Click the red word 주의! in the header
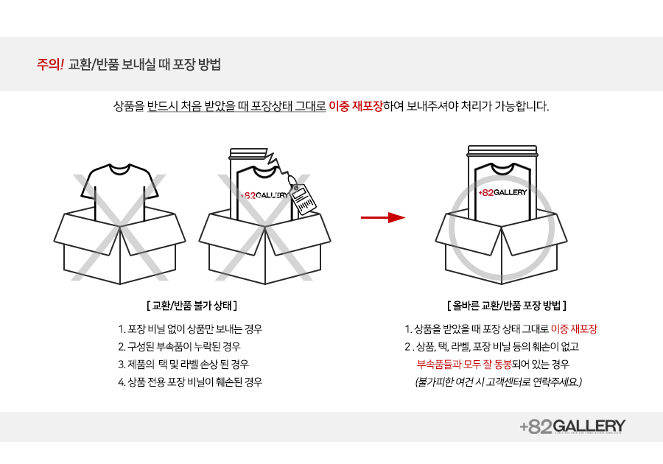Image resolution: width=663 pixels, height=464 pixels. (x=50, y=65)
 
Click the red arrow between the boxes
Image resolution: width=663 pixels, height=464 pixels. (x=383, y=217)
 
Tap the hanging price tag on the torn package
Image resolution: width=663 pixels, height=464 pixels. (x=303, y=199)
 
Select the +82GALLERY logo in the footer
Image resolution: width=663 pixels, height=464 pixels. (x=573, y=426)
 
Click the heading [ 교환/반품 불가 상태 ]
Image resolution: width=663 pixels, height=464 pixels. (x=192, y=305)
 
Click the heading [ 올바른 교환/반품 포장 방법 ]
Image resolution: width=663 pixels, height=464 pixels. (x=507, y=305)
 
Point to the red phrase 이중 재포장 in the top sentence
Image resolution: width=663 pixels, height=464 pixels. (x=355, y=105)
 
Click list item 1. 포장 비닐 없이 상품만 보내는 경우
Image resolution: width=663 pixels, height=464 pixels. (x=190, y=328)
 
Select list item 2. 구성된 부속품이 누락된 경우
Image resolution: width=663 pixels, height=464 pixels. (x=179, y=346)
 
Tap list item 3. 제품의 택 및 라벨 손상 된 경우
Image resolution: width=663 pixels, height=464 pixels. (x=183, y=365)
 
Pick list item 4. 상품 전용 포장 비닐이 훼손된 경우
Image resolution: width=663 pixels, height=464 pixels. (x=190, y=382)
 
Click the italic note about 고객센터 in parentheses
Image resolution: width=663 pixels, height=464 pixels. (x=499, y=382)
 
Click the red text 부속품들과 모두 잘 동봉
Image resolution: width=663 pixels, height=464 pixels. (x=464, y=365)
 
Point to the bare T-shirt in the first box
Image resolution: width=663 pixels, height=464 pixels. (x=119, y=188)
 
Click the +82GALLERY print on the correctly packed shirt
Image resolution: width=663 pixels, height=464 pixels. (x=502, y=193)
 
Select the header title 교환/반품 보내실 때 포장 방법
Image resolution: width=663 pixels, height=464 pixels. (x=144, y=65)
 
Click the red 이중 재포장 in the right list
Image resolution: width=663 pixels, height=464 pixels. (x=574, y=328)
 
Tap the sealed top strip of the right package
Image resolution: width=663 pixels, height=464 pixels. (x=502, y=151)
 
